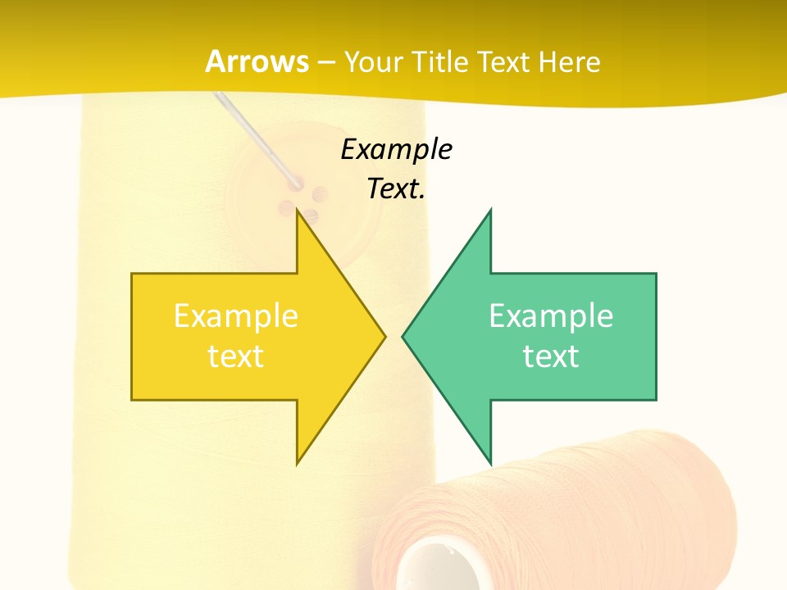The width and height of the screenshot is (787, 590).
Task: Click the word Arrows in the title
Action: click(257, 61)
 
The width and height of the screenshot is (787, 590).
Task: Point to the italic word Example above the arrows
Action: click(396, 149)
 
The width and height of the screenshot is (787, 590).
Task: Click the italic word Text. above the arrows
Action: click(396, 188)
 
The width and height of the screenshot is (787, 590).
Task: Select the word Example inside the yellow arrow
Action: click(236, 315)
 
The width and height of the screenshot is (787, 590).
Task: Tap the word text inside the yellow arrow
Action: click(236, 356)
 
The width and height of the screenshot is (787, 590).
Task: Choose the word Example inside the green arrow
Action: click(551, 315)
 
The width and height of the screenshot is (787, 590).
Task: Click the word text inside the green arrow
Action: click(551, 356)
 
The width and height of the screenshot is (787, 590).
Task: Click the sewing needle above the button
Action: click(254, 135)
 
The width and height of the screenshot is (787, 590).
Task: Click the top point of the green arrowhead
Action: click(490, 212)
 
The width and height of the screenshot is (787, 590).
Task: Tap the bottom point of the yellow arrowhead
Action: click(298, 461)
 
